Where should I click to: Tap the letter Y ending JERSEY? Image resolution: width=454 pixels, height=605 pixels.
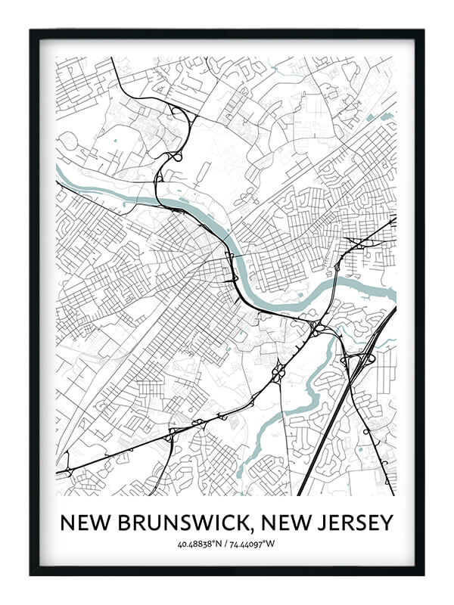point(387,523)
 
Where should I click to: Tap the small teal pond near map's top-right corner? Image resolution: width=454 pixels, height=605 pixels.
point(387,117)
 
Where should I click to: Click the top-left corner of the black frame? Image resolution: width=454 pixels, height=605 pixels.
point(32,31)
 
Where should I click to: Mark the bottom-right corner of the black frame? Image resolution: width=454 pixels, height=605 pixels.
point(422,573)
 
